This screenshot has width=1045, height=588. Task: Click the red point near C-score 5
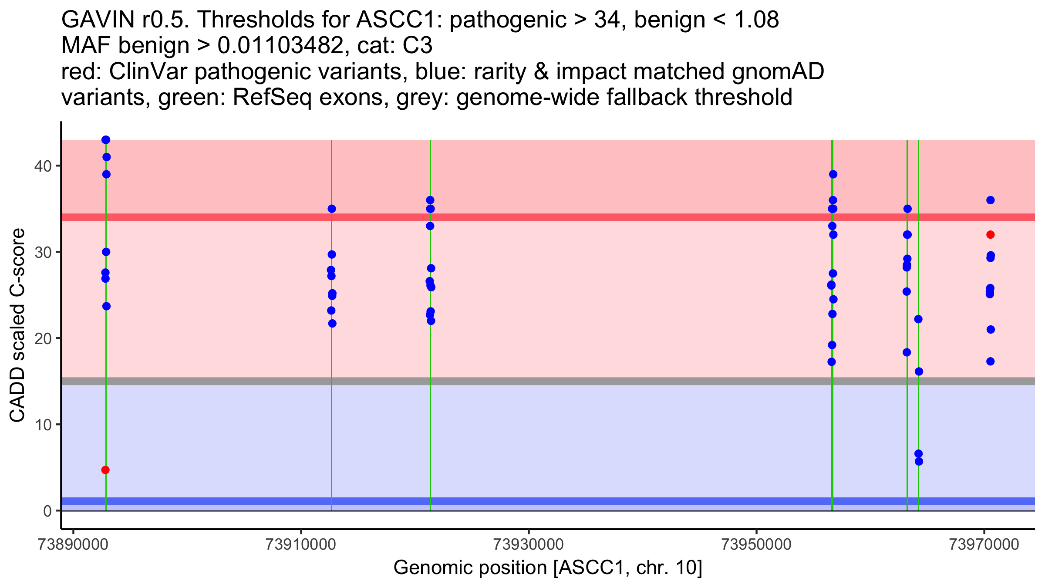105,470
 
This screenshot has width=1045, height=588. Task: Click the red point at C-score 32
991,235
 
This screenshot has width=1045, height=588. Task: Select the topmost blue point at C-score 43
106,140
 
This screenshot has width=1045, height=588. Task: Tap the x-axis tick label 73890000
73,544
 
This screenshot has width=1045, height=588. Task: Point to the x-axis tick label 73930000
529,544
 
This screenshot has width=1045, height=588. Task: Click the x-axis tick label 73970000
984,544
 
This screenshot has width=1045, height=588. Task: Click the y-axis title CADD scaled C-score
17,327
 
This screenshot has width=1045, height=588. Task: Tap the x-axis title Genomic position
548,568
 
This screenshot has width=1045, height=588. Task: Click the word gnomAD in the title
778,72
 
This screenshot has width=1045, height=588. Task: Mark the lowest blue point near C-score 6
919,461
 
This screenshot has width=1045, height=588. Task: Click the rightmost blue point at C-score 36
991,200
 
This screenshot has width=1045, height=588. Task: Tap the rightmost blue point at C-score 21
991,329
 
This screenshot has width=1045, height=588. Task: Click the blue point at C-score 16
919,372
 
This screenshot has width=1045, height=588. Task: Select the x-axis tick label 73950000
756,544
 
